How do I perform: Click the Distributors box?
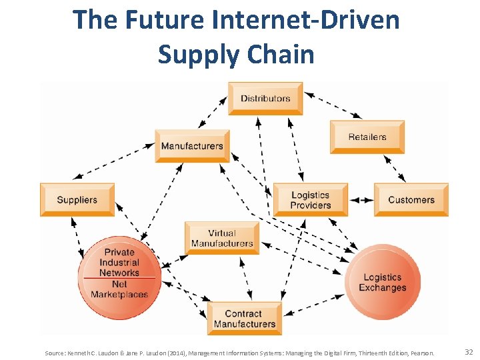point(265,99)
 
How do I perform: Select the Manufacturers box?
point(192,146)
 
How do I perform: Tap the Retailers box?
point(367,137)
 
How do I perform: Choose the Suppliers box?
point(77,199)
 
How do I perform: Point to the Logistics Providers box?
point(311,199)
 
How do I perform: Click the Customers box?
point(411,199)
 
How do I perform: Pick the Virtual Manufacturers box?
point(222,238)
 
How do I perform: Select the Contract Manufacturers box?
point(245,319)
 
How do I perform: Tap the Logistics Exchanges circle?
point(383,283)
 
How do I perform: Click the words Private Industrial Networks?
point(119,262)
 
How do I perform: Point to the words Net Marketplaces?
point(119,289)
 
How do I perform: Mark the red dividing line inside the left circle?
point(119,278)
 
